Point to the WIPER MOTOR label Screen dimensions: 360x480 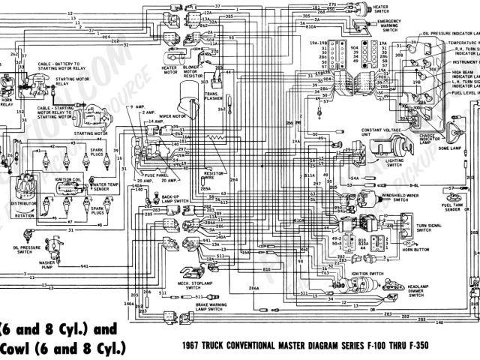click(x=172, y=117)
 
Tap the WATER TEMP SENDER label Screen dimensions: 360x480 click(x=103, y=187)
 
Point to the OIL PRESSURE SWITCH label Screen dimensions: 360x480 click(x=16, y=250)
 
